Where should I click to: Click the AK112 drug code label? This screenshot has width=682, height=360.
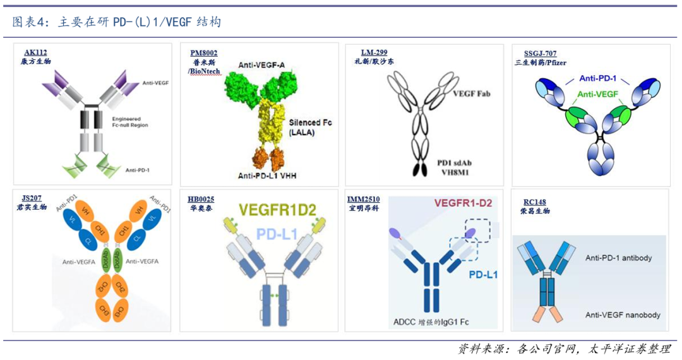[x=35, y=52]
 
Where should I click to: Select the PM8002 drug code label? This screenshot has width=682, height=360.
[x=204, y=52]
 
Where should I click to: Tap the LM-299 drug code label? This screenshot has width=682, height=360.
[x=370, y=52]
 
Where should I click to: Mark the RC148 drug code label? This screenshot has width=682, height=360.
[x=530, y=202]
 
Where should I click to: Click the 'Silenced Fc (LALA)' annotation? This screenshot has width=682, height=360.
[x=311, y=127]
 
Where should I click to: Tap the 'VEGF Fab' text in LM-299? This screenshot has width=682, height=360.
[x=471, y=93]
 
